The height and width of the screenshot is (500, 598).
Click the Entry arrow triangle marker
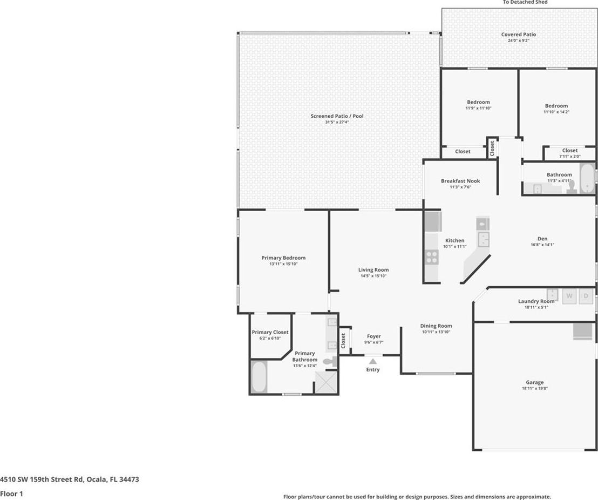(x=373, y=361)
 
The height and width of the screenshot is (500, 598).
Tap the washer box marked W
(x=569, y=296)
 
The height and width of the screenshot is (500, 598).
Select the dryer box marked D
(x=586, y=296)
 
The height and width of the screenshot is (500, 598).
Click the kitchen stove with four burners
(x=432, y=256)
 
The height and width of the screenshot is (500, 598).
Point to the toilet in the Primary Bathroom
(x=330, y=361)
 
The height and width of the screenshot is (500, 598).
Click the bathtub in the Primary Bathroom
(x=259, y=377)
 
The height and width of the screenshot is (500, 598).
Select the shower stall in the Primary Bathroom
(x=326, y=382)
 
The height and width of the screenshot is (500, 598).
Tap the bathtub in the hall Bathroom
(x=587, y=178)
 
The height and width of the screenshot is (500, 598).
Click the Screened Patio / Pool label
(x=337, y=116)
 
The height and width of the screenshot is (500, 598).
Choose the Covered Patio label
(x=519, y=35)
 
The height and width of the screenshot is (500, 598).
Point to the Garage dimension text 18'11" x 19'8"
(x=535, y=389)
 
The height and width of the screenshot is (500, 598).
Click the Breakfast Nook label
(x=460, y=181)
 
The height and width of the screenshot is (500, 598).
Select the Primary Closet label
(x=270, y=332)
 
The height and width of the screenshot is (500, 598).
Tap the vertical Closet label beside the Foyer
(x=343, y=341)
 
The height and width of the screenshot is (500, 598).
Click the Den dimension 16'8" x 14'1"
(x=542, y=245)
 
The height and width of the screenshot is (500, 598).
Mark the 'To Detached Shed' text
(x=525, y=2)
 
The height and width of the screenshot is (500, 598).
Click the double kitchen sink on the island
(x=483, y=239)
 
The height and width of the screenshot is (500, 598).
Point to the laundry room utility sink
(x=552, y=294)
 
